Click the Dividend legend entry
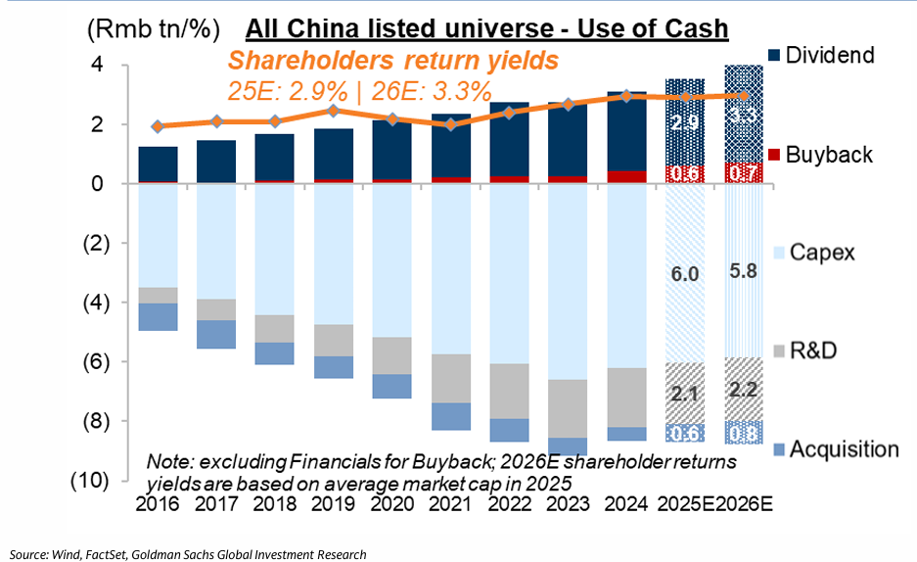pos(830,55)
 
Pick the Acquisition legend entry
pos(843,449)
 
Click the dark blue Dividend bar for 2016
pos(158,164)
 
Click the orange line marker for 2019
pos(333,111)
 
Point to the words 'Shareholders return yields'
pos(393,61)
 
